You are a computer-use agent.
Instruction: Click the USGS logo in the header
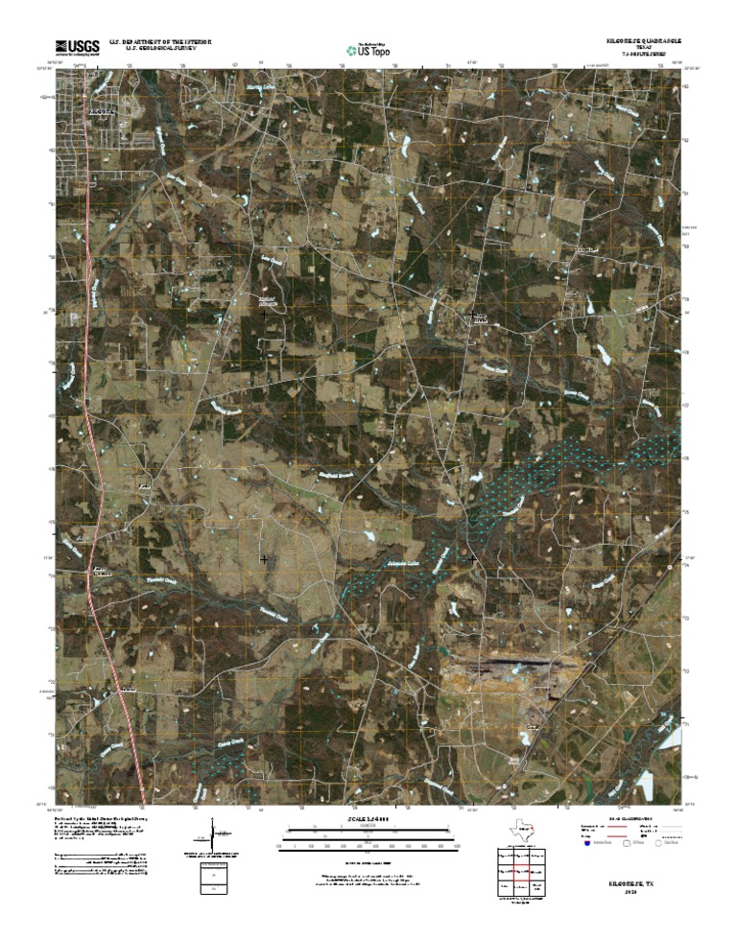point(77,47)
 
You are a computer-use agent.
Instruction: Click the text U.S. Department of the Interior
point(160,42)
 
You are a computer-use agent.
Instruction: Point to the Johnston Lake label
point(402,563)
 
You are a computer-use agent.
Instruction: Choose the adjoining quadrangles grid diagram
point(518,874)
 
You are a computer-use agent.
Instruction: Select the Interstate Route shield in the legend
point(587,845)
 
